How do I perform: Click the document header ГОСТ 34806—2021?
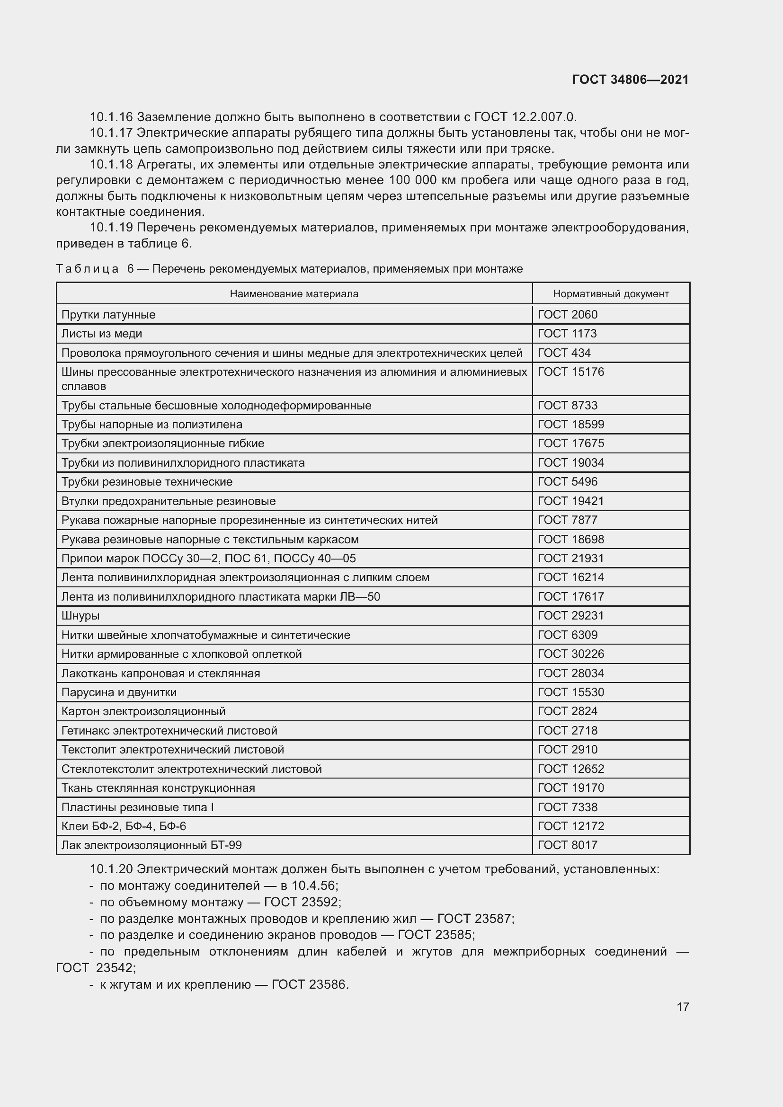point(630,80)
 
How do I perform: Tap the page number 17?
point(683,1007)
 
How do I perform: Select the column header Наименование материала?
point(294,293)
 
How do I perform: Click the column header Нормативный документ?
point(610,293)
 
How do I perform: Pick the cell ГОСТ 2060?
point(567,315)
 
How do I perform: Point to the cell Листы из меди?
point(102,334)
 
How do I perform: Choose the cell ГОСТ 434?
point(564,353)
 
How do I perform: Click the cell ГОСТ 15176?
point(570,372)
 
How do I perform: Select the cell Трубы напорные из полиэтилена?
point(151,424)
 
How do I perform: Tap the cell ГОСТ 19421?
point(570,501)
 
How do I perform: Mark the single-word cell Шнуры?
point(80,616)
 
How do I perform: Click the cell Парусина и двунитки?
point(119,692)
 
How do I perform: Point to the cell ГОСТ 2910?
point(567,750)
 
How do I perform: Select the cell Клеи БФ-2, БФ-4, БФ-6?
point(124,826)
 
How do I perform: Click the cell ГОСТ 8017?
point(567,845)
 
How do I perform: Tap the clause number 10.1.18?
point(111,165)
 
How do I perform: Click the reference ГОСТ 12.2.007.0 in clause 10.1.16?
point(525,117)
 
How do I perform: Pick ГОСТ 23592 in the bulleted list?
point(303,902)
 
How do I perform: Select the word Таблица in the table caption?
point(87,269)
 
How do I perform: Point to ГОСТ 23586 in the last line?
point(310,984)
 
